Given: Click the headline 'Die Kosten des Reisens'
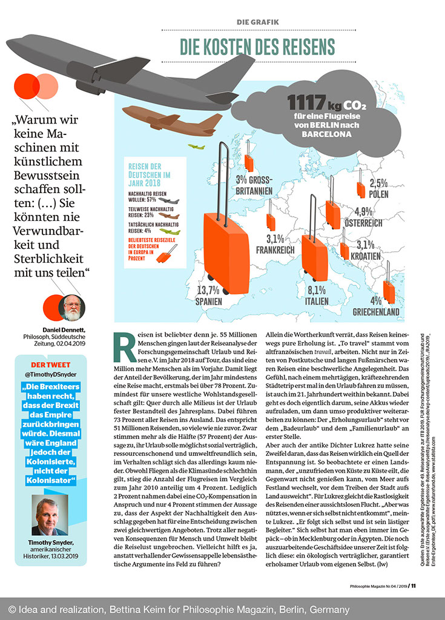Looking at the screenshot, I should tap(257, 46).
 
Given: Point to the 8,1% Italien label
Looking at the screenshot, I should tap(317, 295).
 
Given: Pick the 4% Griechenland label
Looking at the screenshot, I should tap(377, 307).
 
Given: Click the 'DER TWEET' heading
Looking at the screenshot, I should tap(51, 364).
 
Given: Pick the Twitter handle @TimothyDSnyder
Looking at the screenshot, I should tap(51, 375).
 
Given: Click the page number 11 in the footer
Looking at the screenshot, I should tap(413, 585).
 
